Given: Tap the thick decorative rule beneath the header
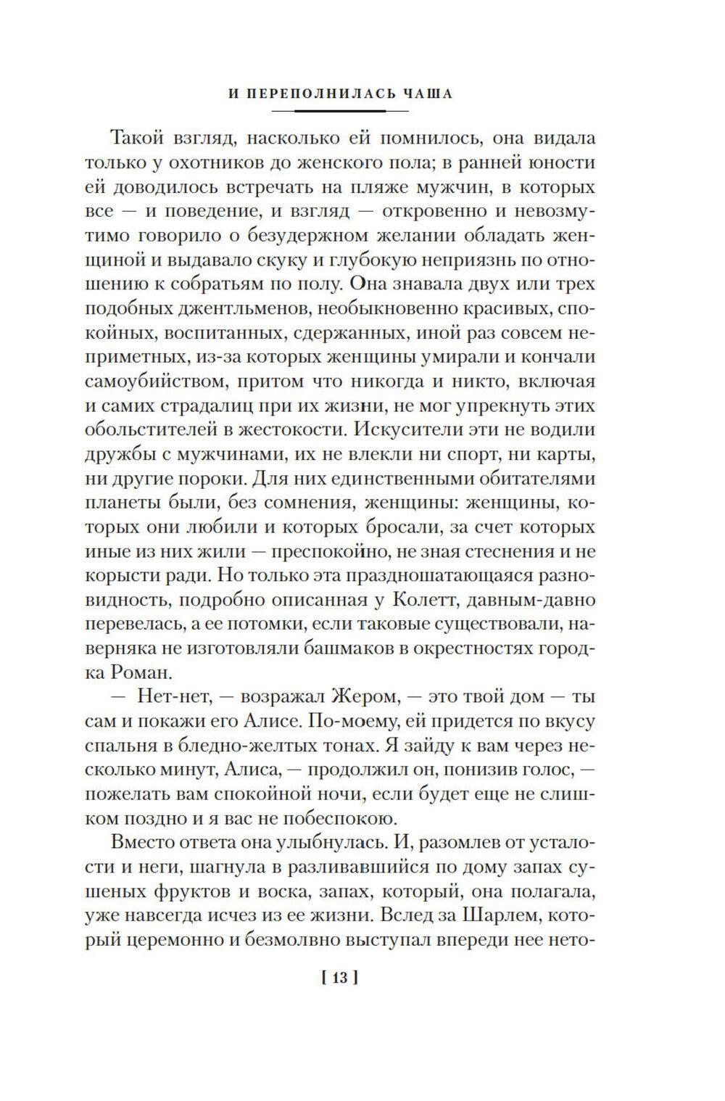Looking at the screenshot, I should [340, 110].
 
